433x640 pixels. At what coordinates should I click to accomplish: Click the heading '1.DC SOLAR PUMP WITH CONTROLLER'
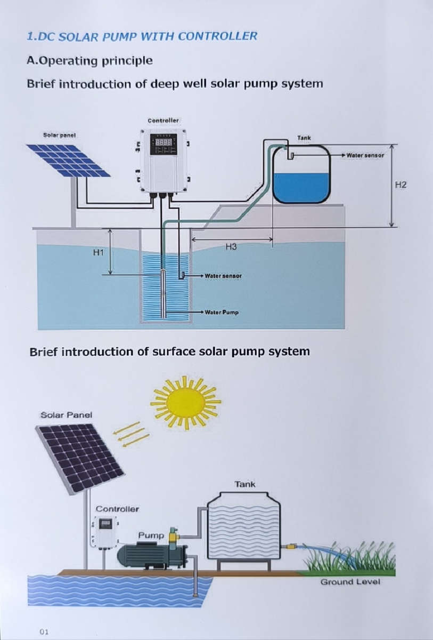142,36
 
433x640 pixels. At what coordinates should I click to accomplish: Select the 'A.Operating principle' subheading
89,60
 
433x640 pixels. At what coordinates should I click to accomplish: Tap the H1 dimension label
98,252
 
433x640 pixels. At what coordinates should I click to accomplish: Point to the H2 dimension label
401,185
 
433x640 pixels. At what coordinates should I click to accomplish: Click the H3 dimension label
231,246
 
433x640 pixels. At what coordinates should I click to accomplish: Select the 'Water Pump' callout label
222,312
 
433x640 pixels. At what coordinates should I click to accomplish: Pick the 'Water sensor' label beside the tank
365,155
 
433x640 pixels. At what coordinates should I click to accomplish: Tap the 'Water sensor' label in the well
223,276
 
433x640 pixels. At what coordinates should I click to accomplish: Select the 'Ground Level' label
350,581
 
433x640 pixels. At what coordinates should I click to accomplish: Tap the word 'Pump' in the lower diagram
151,534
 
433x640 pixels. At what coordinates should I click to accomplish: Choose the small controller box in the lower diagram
105,532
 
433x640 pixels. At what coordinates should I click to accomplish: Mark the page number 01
44,631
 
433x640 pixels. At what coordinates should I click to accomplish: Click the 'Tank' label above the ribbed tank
244,484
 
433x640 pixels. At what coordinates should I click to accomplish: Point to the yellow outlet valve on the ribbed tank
290,547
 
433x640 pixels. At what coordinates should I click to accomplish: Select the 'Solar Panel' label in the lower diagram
62,414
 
